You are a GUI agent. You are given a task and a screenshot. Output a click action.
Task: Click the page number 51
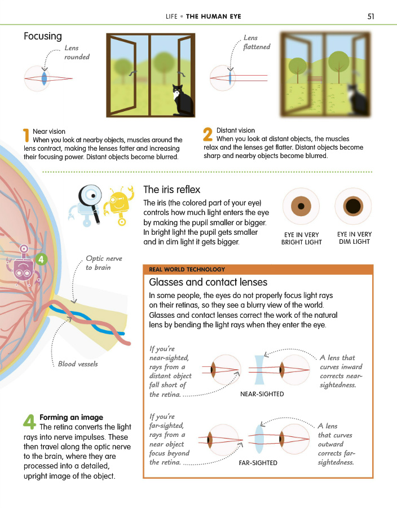tap(370, 16)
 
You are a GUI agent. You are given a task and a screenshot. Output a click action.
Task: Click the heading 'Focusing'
tap(43, 36)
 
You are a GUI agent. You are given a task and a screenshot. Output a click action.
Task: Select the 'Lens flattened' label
tap(256, 42)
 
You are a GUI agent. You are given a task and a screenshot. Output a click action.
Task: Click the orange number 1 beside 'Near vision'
tap(25, 135)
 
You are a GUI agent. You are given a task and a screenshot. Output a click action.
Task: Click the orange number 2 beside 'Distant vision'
tap(208, 134)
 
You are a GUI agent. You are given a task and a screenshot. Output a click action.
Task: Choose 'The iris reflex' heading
tap(171, 190)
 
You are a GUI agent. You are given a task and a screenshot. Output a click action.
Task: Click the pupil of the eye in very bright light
tap(301, 205)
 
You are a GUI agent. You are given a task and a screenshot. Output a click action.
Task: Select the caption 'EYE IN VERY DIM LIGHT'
tap(354, 238)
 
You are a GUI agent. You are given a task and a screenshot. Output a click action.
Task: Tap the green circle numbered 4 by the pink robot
tap(41, 259)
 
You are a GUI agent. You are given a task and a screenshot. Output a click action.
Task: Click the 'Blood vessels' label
tap(78, 364)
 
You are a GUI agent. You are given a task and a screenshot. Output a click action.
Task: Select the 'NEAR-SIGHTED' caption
tap(262, 394)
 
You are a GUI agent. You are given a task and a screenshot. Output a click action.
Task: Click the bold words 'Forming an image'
tap(71, 417)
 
